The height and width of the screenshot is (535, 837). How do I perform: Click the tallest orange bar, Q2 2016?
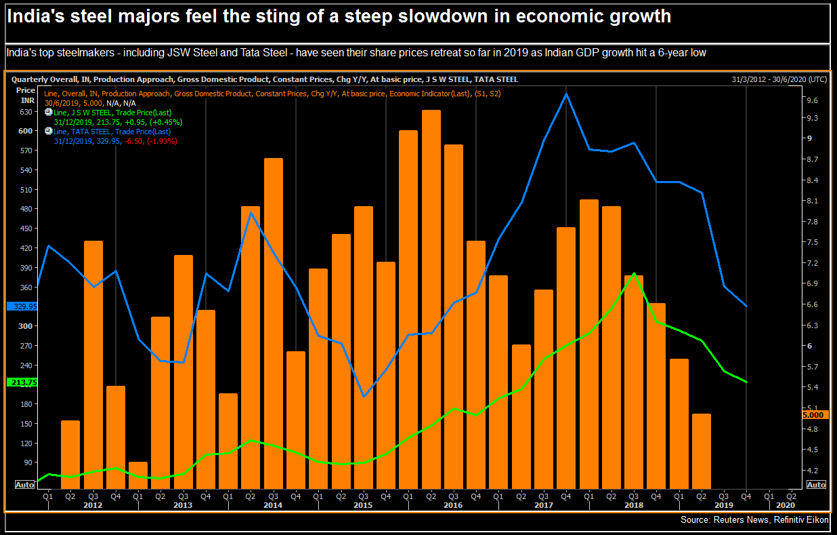click(x=431, y=298)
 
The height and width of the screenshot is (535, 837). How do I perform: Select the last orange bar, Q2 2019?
click(x=702, y=450)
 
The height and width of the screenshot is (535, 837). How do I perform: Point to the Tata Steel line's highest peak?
click(x=566, y=94)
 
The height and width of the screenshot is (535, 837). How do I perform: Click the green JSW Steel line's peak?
click(x=634, y=274)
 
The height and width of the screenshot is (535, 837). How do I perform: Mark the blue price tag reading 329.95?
click(x=22, y=306)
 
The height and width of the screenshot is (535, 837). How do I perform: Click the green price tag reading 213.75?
click(x=22, y=382)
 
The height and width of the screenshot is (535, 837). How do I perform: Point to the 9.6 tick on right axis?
click(x=812, y=100)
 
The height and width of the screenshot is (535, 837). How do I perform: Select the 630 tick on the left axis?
click(x=26, y=112)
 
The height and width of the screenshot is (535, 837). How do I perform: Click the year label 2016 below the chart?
click(x=452, y=505)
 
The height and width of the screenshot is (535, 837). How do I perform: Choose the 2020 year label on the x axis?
click(x=786, y=505)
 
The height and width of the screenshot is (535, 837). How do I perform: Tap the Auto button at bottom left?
click(x=24, y=485)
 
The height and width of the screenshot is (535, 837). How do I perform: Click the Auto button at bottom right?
click(x=816, y=485)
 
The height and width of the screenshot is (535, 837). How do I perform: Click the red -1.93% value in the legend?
click(x=164, y=141)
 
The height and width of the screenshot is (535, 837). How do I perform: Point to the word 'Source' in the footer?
click(x=696, y=520)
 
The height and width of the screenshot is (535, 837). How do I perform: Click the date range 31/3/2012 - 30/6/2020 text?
click(x=779, y=79)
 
